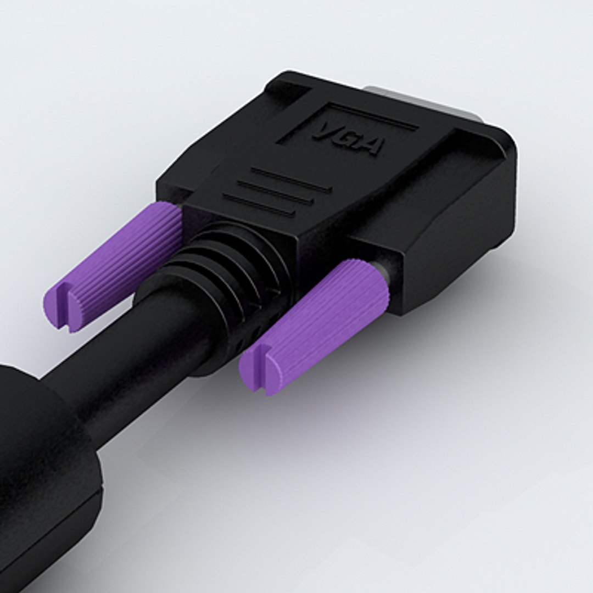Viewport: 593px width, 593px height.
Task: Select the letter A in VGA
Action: click(371, 146)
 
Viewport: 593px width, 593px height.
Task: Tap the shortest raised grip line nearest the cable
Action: click(258, 204)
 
